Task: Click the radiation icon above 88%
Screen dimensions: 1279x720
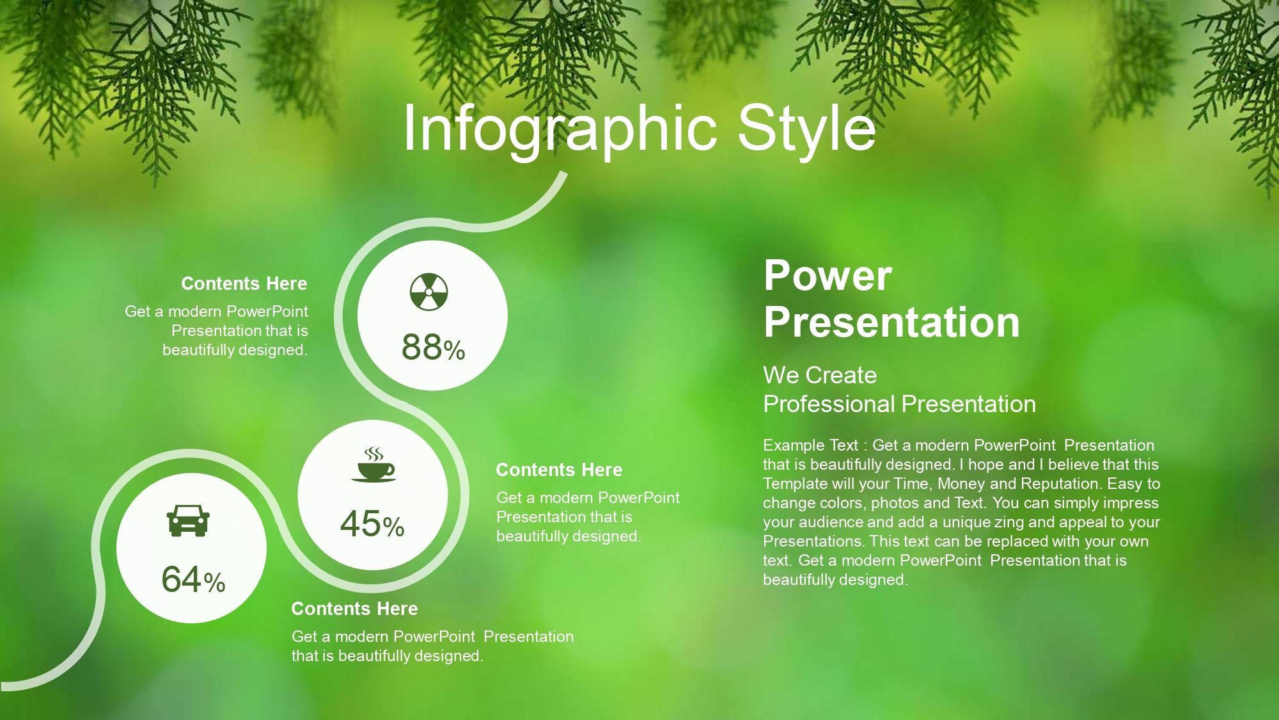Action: [x=428, y=292]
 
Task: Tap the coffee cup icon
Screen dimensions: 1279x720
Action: [x=373, y=465]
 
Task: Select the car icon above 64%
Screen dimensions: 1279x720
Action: [x=188, y=520]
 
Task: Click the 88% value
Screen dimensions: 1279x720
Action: [x=433, y=348]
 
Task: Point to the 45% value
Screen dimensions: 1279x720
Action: [x=372, y=524]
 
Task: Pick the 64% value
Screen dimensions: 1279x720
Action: [x=193, y=579]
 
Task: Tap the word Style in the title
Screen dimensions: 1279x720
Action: [x=806, y=128]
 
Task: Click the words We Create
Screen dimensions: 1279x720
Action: [x=820, y=375]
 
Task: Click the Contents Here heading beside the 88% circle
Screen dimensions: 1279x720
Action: [x=244, y=284]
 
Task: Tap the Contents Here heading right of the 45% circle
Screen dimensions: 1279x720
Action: [x=559, y=470]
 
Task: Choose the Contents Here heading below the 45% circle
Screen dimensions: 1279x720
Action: [x=354, y=609]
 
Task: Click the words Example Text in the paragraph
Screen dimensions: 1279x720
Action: [x=810, y=445]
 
